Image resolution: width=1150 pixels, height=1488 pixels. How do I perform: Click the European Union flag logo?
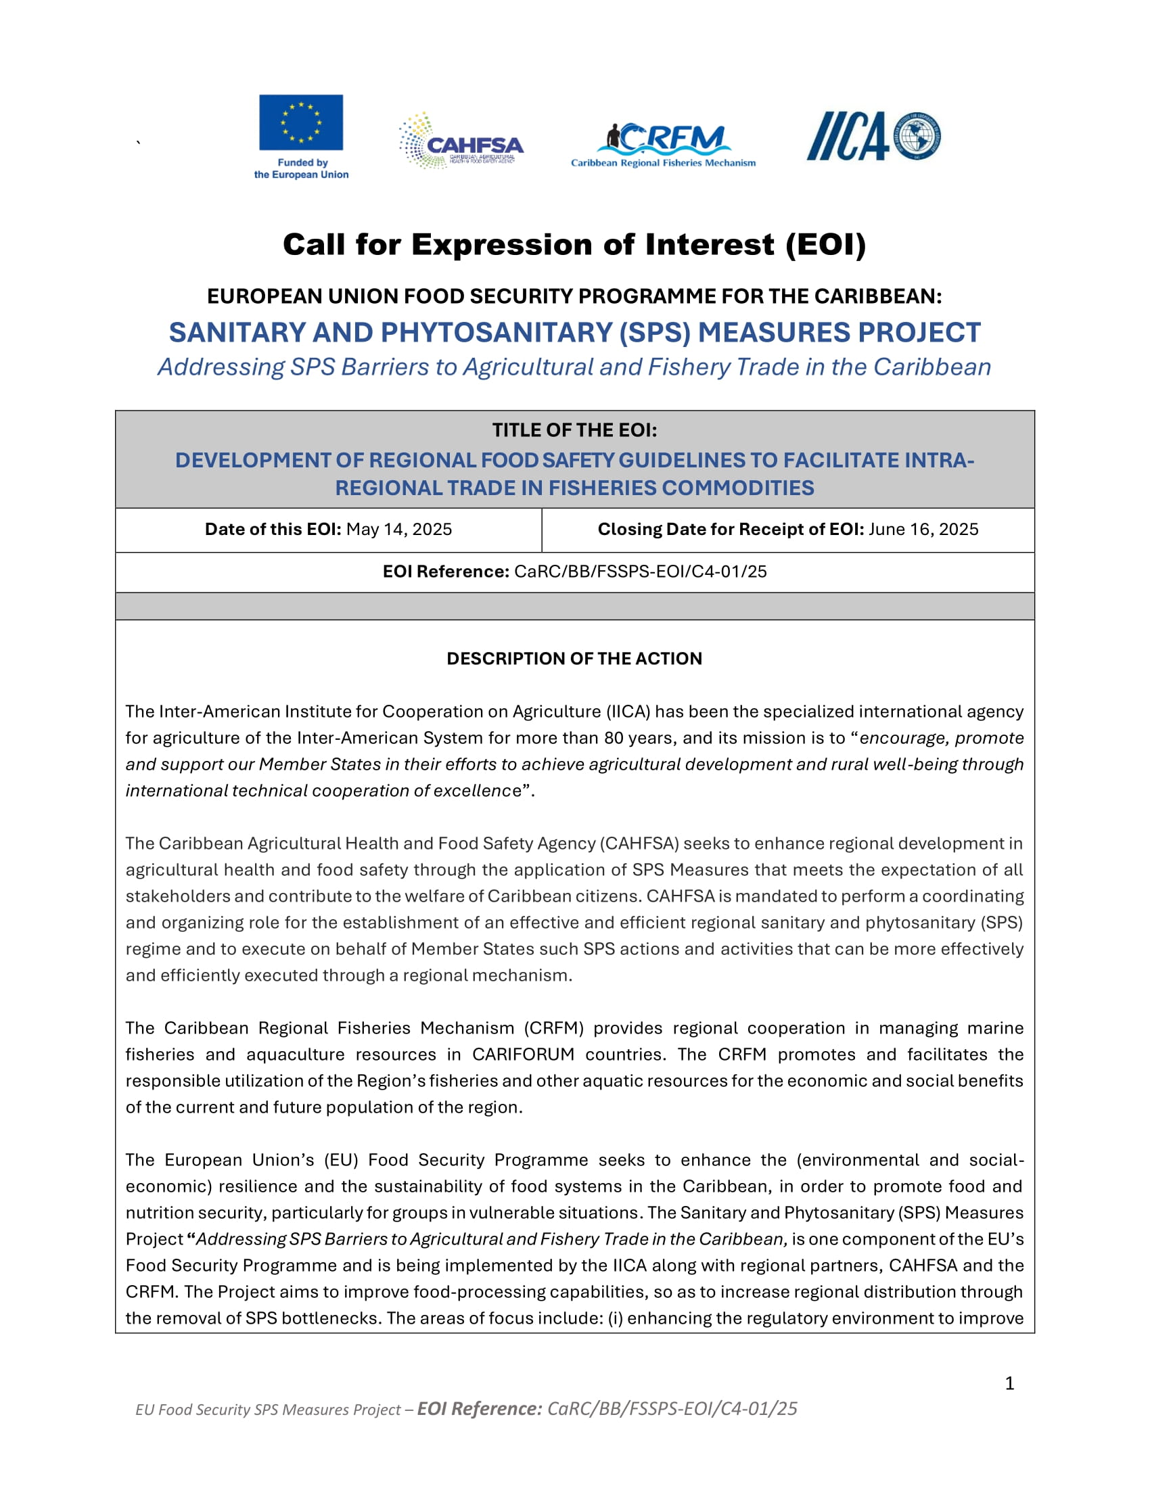pos(300,122)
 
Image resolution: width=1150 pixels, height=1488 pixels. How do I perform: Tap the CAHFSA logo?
pos(461,141)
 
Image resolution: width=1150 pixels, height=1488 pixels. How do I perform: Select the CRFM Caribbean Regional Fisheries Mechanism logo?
pos(663,145)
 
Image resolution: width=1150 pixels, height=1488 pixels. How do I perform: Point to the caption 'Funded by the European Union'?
pos(301,169)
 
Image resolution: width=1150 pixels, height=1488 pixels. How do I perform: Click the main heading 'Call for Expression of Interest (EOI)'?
pos(574,245)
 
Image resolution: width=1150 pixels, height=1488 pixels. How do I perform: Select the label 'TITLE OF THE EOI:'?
pos(574,431)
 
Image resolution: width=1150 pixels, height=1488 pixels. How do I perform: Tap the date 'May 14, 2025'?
pos(398,530)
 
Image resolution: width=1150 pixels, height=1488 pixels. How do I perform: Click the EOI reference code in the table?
pos(641,572)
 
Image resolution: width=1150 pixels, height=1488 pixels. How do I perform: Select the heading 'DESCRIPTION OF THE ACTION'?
pos(574,659)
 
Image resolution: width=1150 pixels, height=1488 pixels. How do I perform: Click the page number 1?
pos(1009,1383)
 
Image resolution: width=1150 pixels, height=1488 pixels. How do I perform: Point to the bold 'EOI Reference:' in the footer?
pos(480,1409)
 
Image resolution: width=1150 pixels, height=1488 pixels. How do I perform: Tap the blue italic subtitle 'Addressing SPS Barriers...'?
pos(574,367)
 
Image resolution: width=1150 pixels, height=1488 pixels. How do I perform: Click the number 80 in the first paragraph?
pos(614,738)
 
